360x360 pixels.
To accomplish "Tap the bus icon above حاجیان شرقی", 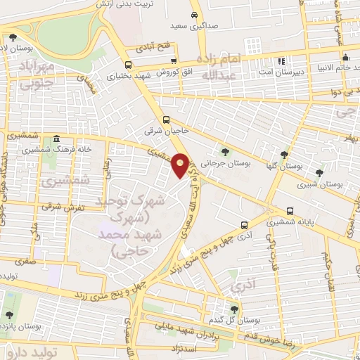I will (x=166, y=120).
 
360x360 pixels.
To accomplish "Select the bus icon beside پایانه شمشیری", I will (x=290, y=211).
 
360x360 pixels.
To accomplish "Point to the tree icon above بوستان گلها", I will (x=284, y=155).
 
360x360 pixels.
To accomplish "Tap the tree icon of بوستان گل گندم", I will (x=233, y=309).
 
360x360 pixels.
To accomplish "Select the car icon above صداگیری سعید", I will (x=193, y=14).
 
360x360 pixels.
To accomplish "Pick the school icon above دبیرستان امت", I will (x=282, y=61).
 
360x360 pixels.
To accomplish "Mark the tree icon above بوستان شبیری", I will (x=320, y=172).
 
